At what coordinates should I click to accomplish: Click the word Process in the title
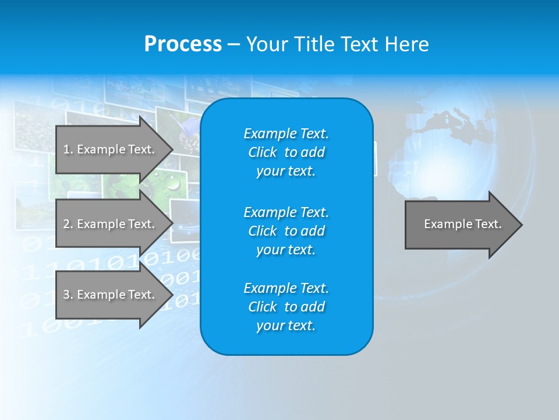183,44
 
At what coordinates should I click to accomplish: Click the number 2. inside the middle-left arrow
68,224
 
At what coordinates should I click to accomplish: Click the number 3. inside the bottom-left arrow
68,295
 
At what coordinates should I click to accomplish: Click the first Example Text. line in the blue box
286,134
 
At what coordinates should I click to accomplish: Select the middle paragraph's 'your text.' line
286,250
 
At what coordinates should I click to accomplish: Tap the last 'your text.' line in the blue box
286,326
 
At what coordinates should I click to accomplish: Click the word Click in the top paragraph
263,152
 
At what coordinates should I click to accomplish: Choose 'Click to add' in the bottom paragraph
286,307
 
